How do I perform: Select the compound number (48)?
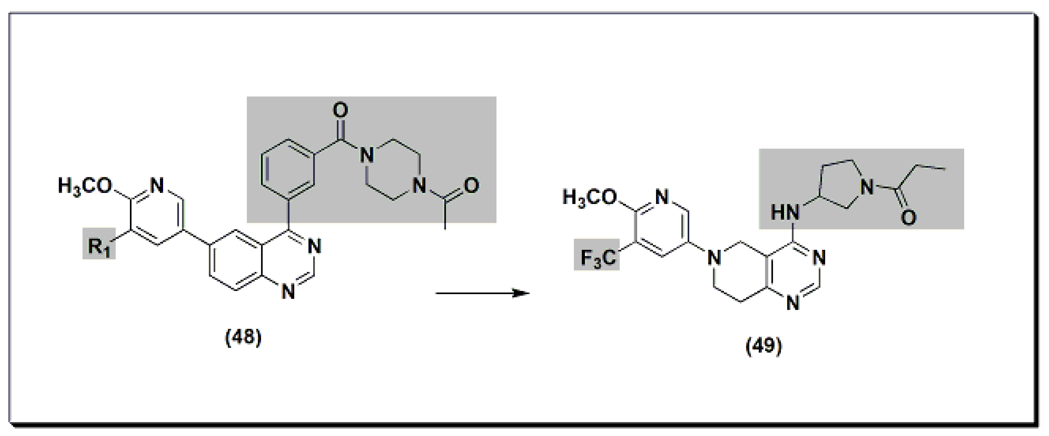point(243,337)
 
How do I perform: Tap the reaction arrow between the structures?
point(482,293)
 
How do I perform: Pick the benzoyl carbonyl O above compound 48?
point(341,110)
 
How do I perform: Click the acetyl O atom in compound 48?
point(471,186)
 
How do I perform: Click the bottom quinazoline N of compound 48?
point(288,292)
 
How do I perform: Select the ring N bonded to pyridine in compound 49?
point(713,258)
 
